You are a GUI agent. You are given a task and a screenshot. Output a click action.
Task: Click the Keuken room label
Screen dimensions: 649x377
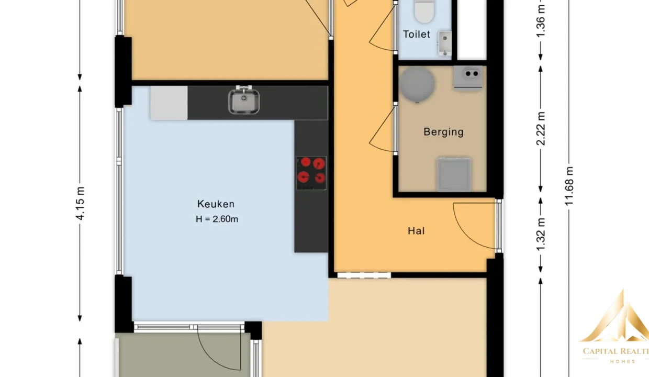[x=216, y=204]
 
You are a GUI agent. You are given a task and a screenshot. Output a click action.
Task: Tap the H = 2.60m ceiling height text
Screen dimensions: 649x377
[x=217, y=219]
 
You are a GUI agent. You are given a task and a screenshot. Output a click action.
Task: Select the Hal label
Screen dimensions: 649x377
[x=416, y=231]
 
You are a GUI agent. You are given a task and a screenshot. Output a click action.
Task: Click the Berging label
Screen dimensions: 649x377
[x=443, y=132]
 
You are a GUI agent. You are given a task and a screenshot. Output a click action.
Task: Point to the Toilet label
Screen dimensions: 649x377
[x=417, y=34]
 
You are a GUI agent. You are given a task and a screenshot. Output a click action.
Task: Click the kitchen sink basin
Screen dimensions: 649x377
[x=244, y=101]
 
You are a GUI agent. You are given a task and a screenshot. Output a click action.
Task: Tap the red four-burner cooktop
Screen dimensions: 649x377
[x=311, y=173]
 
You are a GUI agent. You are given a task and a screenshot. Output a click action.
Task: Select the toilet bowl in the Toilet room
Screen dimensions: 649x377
[x=424, y=12]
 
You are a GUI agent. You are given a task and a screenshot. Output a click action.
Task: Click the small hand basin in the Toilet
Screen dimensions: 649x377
[x=444, y=43]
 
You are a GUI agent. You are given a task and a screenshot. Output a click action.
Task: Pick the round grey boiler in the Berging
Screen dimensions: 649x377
[x=417, y=84]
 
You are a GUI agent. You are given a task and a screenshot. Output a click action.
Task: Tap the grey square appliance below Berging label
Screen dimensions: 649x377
[x=454, y=174]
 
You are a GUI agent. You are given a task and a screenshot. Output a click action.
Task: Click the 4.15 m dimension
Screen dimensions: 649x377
[x=80, y=204]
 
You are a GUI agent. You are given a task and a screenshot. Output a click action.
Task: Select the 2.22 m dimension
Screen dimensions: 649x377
[x=541, y=129]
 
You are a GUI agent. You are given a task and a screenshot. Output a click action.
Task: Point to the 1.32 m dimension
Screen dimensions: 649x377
[x=541, y=235]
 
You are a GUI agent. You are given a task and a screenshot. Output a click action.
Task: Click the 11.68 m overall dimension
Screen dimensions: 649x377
[x=569, y=186]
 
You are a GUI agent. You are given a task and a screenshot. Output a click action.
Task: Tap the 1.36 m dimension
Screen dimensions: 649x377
[x=541, y=21]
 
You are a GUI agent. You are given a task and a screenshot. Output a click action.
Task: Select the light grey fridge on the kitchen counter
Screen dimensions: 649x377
[x=169, y=103]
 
